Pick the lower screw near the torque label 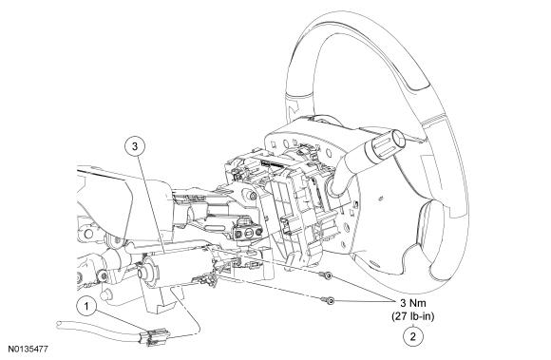(332, 300)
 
